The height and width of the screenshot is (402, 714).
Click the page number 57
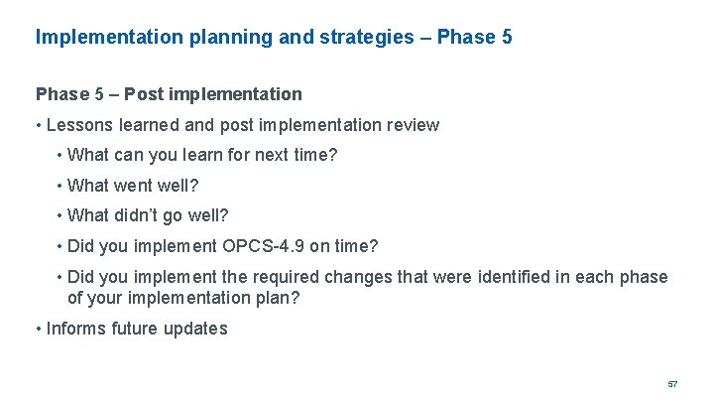point(672,383)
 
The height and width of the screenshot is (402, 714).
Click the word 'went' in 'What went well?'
point(135,186)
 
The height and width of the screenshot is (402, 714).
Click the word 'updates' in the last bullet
point(195,329)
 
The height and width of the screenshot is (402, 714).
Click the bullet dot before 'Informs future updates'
point(39,329)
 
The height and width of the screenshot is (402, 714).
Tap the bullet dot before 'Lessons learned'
point(39,125)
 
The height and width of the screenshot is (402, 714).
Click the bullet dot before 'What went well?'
point(59,186)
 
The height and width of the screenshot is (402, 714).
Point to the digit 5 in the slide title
point(506,38)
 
